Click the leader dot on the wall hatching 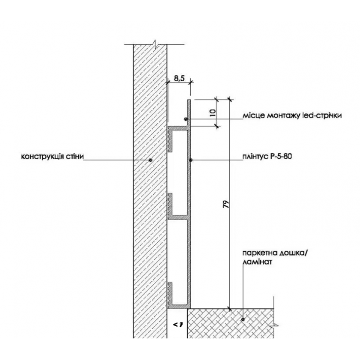pyautogui.click(x=150, y=160)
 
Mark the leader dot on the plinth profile pyautogui.click(x=191, y=160)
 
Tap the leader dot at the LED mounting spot pyautogui.click(x=187, y=120)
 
